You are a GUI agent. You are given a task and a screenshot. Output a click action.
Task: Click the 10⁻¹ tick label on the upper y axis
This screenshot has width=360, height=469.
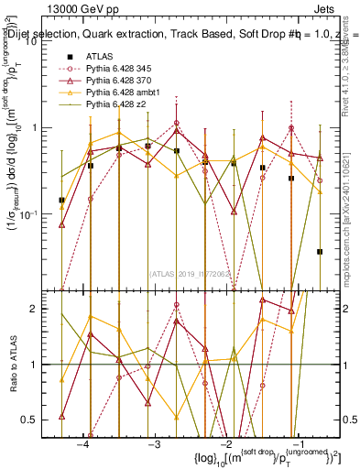[x=38, y=213]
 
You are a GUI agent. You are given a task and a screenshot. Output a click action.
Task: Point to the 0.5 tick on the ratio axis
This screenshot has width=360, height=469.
[x=39, y=420]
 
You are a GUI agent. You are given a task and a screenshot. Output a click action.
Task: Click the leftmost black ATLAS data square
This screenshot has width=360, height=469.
[x=61, y=200]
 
